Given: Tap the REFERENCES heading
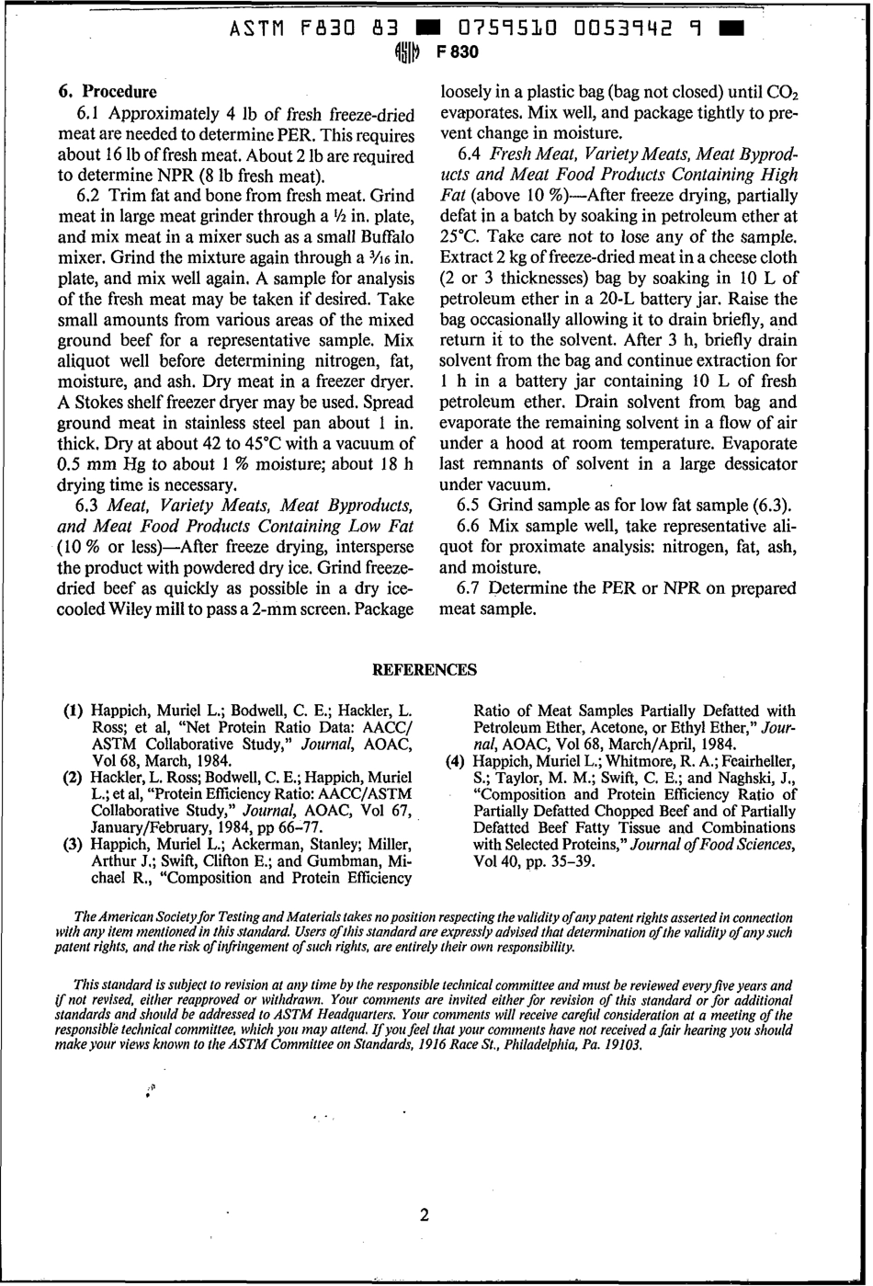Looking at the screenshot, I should [x=424, y=670].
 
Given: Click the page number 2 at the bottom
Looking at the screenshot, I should [x=424, y=1216].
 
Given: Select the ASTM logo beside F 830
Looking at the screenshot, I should [x=407, y=52].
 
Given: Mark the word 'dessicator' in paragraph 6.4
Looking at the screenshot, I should [x=755, y=464].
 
